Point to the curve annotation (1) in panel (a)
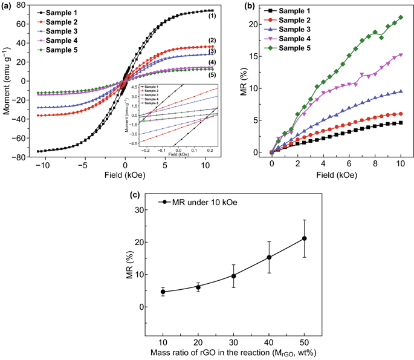pyautogui.click(x=212, y=16)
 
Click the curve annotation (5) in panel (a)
pyautogui.click(x=212, y=74)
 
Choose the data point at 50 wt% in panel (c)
pyautogui.click(x=304, y=238)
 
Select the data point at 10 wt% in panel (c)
pyautogui.click(x=163, y=292)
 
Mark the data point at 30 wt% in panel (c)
pyautogui.click(x=233, y=276)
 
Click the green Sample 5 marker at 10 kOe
pyautogui.click(x=401, y=18)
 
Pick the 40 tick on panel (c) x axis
pyautogui.click(x=269, y=341)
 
